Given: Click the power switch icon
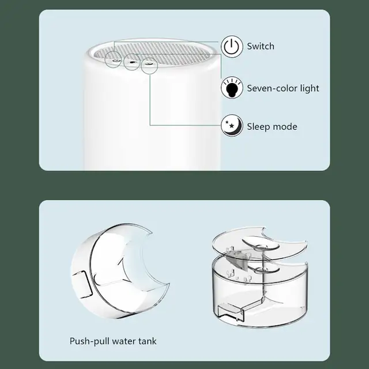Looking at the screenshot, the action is coord(232,46).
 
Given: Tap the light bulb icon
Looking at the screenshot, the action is coord(232,88).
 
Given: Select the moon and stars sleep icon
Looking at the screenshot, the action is coord(232,126).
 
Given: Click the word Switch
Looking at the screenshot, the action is coord(261,46).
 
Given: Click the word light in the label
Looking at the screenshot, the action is coord(310,88).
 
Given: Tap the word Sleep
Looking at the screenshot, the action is coord(258,127).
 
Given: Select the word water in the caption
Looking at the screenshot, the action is coord(124,341).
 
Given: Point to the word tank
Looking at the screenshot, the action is coord(148,341).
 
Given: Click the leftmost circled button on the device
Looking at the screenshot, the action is coord(113,60).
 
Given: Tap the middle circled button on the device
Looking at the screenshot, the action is coord(132,62).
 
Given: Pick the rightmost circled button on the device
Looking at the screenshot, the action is coord(149,65).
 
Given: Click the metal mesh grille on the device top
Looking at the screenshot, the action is coord(152,53).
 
